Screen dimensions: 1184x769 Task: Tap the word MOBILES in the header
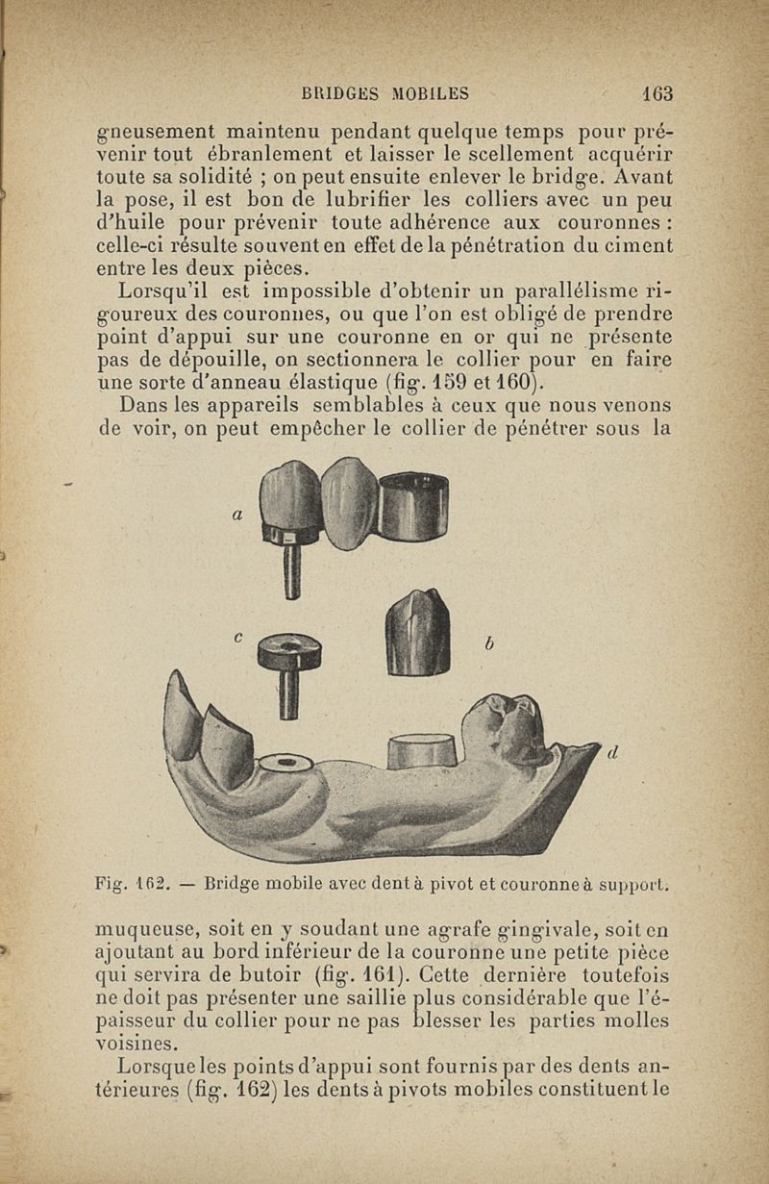tap(430, 93)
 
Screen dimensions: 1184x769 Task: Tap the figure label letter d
tap(611, 753)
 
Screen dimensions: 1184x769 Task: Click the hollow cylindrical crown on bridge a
tap(414, 504)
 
